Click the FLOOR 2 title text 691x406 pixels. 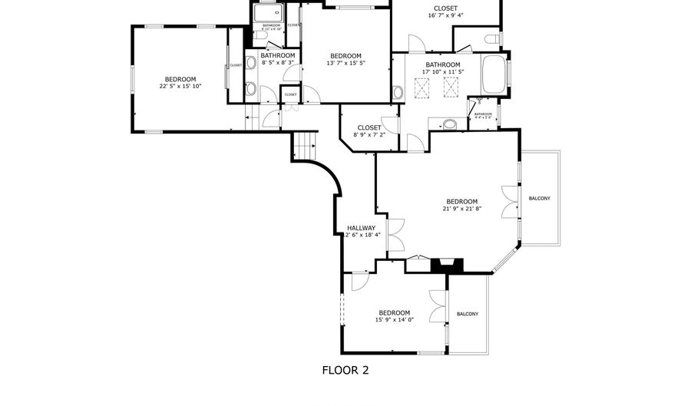[345, 370]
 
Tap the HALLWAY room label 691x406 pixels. [361, 228]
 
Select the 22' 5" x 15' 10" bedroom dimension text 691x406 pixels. [180, 87]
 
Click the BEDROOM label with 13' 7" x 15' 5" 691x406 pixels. [345, 56]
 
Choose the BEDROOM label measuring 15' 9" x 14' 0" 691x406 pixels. [394, 312]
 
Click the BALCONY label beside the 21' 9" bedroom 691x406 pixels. [539, 199]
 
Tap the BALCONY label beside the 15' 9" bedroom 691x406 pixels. [468, 314]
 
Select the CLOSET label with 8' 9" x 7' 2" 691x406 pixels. [369, 127]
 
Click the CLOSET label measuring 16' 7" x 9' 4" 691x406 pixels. [445, 8]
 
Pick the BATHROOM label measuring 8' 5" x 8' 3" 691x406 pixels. [277, 55]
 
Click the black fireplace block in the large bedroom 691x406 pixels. [446, 266]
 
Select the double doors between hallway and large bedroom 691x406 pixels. [396, 235]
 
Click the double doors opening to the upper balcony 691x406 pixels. [508, 202]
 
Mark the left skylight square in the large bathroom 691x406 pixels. [420, 91]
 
